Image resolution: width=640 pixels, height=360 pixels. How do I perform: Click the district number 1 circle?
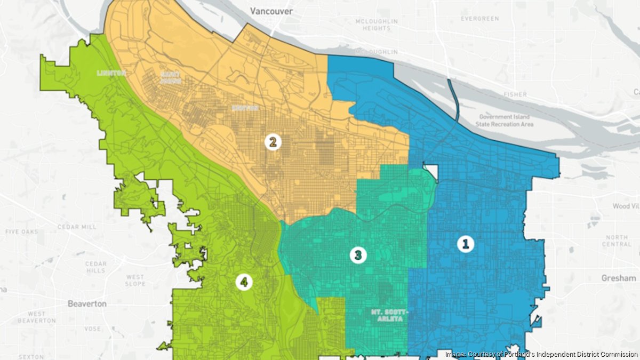pyautogui.click(x=465, y=244)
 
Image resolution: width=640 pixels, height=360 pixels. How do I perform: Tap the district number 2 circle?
pyautogui.click(x=273, y=142)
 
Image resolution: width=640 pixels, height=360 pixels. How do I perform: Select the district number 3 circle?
pyautogui.click(x=358, y=255)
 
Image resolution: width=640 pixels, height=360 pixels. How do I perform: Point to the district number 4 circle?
pyautogui.click(x=244, y=283)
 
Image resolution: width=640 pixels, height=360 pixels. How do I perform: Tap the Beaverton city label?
pyautogui.click(x=87, y=303)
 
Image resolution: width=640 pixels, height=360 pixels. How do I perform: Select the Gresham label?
pyautogui.click(x=618, y=278)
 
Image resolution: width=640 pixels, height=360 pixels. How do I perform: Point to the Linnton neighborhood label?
pyautogui.click(x=110, y=73)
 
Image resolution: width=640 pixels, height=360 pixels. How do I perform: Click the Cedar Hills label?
pyautogui.click(x=96, y=267)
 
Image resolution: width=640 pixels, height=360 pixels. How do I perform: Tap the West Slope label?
pyautogui.click(x=135, y=281)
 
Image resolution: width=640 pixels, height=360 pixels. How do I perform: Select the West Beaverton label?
pyautogui.click(x=36, y=317)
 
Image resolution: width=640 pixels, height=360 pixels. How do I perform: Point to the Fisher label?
pyautogui.click(x=515, y=94)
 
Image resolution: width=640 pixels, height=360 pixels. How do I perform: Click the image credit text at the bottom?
pyautogui.click(x=540, y=354)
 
